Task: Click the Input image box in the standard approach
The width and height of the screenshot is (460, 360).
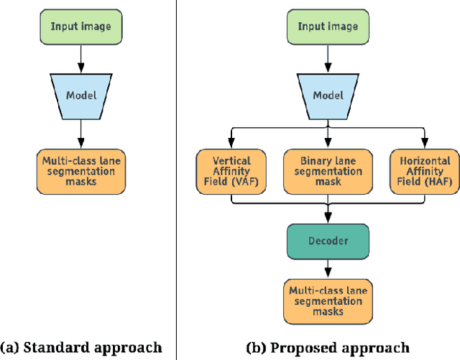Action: (81, 27)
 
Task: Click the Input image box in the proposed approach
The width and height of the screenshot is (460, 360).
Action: (328, 27)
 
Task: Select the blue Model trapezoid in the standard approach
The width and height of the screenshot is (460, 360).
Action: (81, 95)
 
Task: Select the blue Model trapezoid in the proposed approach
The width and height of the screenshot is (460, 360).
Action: (328, 95)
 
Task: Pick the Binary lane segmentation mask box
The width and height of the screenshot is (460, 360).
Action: (328, 171)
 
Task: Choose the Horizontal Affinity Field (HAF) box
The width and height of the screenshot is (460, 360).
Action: (424, 171)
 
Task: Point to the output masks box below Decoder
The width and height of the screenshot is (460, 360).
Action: (328, 301)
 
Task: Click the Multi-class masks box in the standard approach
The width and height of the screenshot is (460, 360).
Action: (81, 171)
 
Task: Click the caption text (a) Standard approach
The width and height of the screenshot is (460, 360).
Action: (81, 348)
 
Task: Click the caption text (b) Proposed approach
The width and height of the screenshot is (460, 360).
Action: (328, 348)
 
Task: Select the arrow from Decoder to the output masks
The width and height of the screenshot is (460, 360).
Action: (328, 269)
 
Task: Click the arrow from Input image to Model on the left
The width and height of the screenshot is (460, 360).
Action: (81, 57)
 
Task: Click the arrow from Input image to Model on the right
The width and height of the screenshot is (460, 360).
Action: (328, 57)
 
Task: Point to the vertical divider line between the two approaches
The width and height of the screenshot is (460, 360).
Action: (177, 180)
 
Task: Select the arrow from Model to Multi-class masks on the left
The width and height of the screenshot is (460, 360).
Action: (81, 133)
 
